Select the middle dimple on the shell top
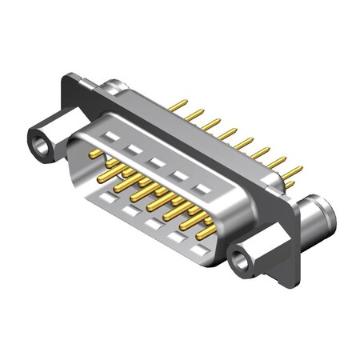[x=158, y=162]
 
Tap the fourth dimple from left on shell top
[x=182, y=175]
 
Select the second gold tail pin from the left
[x=195, y=114]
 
